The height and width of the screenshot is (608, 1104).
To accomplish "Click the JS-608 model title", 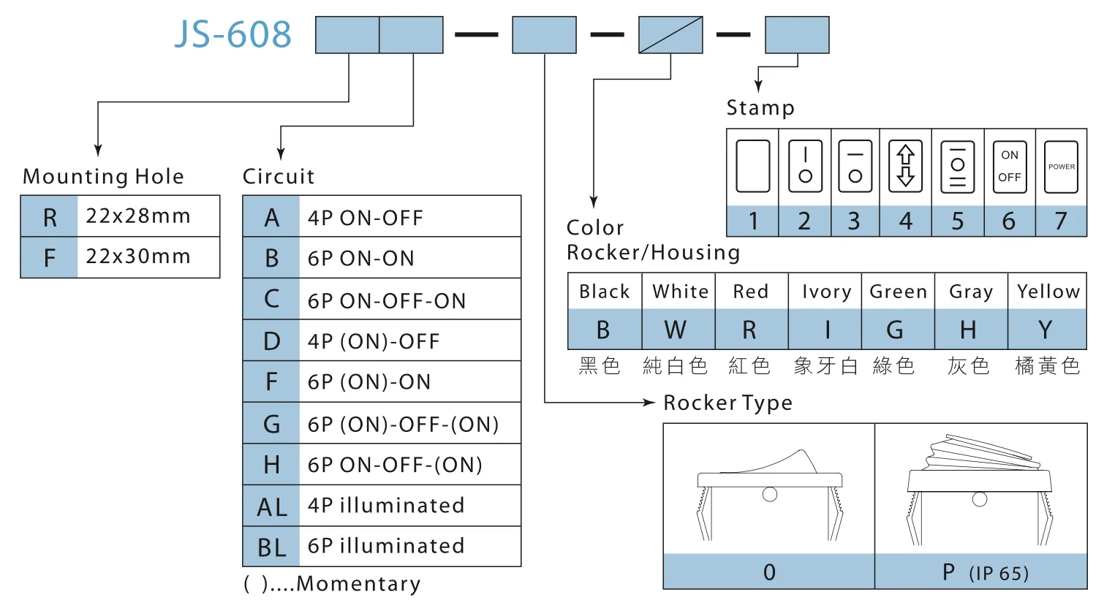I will coord(233,34).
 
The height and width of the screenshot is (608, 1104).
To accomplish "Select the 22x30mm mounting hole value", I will coord(138,256).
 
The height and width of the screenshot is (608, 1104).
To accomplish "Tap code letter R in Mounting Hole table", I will coord(50,217).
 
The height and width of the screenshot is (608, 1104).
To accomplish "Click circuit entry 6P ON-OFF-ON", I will coord(386,300).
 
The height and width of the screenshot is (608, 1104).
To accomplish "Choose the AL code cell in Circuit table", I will coord(271,506).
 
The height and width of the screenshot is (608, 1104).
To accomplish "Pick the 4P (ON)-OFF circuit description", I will coord(374,341).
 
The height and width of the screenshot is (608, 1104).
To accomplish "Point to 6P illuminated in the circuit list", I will coord(385,546).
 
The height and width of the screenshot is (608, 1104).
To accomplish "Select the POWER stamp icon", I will coord(1061,167).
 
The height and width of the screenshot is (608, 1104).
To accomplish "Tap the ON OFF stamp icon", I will coord(1010,167).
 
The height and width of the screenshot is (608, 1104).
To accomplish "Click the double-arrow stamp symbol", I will coord(906,167).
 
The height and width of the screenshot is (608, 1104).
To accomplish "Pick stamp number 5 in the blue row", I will coord(957,221).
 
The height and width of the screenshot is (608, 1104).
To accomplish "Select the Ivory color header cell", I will coord(825,292).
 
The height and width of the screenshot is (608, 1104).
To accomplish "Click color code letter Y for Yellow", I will coord(1046,330).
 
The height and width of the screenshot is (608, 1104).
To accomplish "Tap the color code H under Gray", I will coord(968,330).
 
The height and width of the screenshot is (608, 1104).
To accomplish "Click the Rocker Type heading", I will coord(727,403).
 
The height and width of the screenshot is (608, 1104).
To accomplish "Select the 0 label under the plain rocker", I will coord(769,572).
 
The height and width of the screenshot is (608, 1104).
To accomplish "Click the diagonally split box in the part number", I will coord(670,35).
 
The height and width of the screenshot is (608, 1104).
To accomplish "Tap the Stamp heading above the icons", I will coord(760,108).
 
